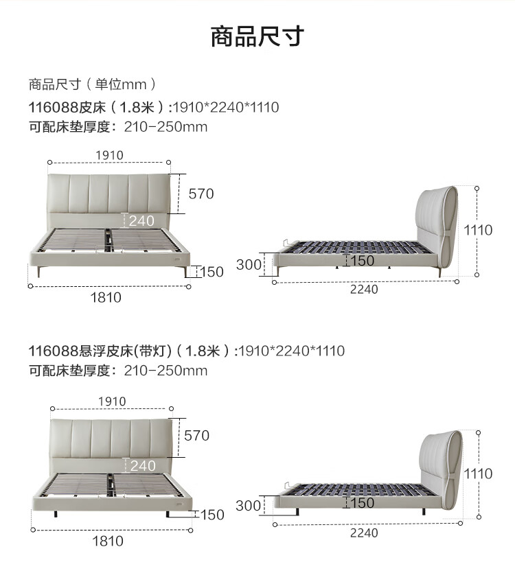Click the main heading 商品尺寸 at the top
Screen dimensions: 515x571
[257, 36]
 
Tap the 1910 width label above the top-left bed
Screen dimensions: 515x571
[109, 156]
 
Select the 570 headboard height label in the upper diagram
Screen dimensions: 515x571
[201, 194]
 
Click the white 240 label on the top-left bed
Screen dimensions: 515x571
[141, 221]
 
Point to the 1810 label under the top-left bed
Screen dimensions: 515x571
[106, 298]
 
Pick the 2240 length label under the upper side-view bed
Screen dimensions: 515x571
[364, 290]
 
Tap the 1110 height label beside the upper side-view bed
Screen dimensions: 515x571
[478, 230]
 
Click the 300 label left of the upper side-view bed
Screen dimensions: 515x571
[249, 265]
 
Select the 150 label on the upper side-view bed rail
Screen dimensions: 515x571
[362, 261]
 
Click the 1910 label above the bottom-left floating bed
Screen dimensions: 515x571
[112, 401]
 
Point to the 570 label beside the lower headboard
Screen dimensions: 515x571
[196, 436]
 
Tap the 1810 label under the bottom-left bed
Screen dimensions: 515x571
[108, 541]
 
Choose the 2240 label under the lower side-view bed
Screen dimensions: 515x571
[364, 533]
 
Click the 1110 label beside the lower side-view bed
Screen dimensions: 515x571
[478, 474]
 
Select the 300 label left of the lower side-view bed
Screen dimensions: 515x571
[248, 505]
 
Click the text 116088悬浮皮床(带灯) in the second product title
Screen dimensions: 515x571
[100, 351]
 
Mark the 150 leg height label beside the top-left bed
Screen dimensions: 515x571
[211, 272]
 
